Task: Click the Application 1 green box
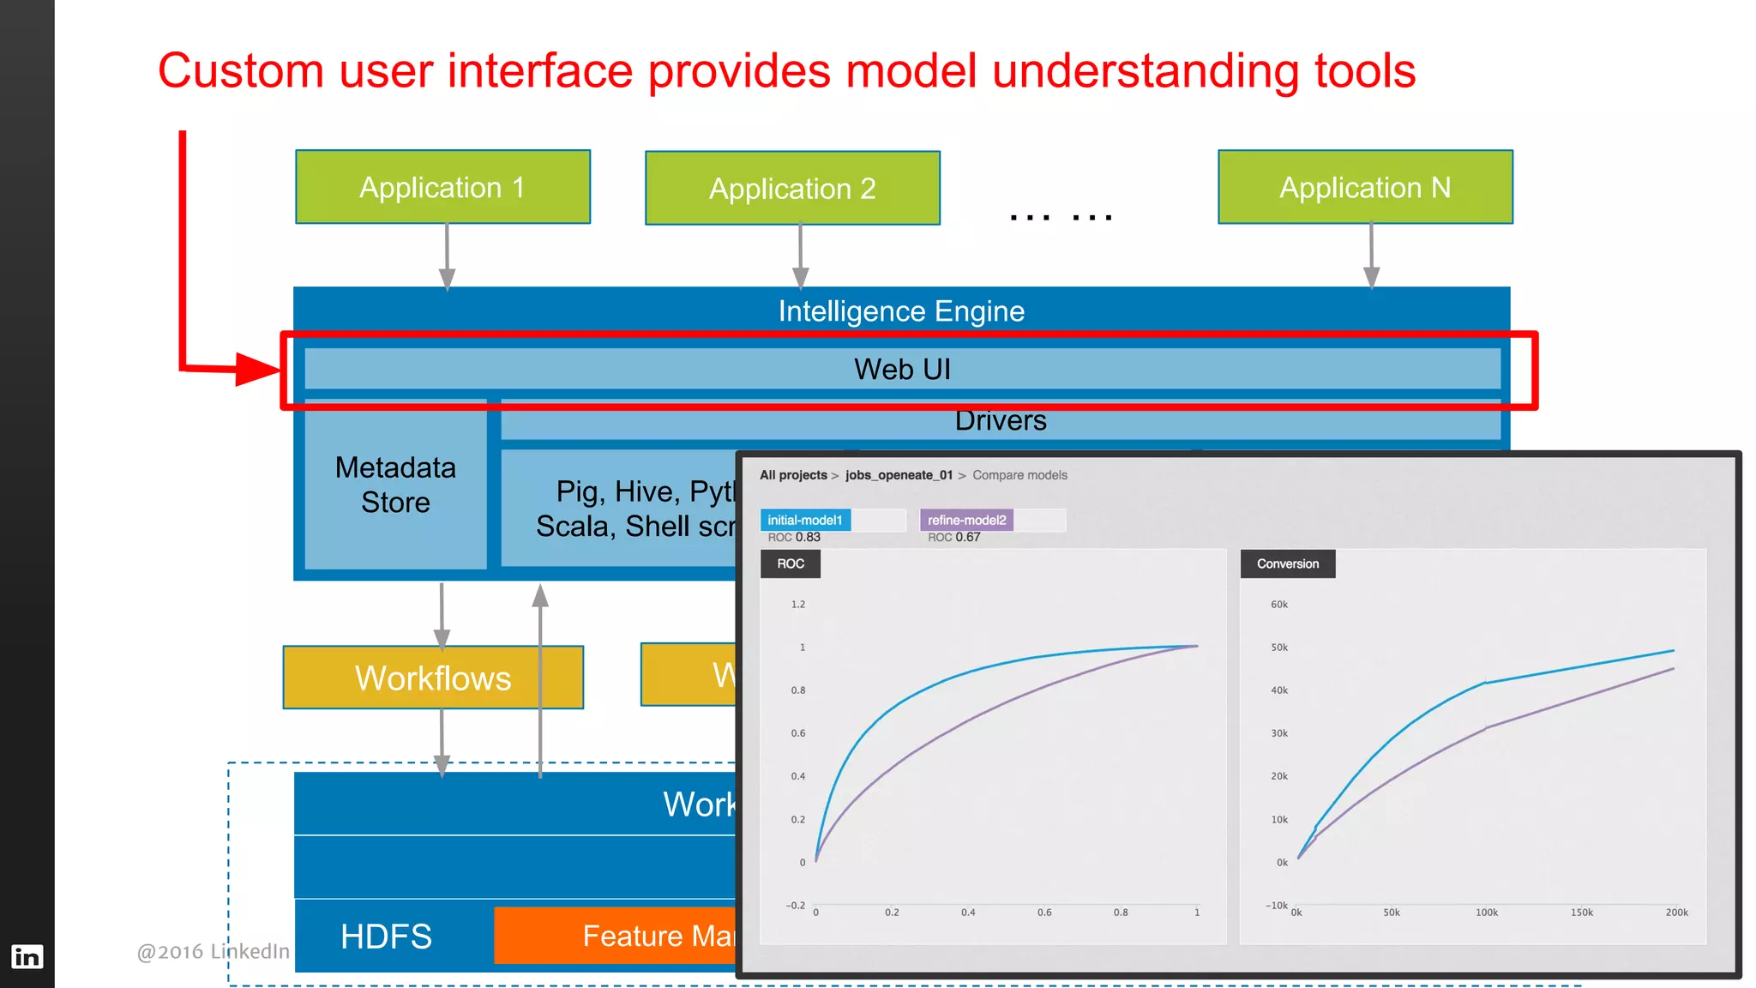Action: click(442, 187)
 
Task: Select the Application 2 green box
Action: click(792, 189)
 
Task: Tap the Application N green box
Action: click(1365, 187)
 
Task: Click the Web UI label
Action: click(902, 370)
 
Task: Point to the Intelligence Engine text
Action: click(901, 311)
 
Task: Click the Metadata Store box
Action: click(395, 485)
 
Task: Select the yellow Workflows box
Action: click(433, 678)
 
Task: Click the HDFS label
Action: click(386, 937)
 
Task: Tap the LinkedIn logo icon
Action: click(27, 956)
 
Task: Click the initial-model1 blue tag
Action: click(805, 520)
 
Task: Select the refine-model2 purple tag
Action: click(966, 520)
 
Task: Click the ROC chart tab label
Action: click(791, 563)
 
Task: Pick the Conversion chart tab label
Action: click(1287, 563)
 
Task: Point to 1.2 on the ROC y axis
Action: click(797, 605)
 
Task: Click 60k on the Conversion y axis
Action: click(1278, 605)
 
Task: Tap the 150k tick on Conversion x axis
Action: click(1581, 913)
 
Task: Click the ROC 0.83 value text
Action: click(794, 538)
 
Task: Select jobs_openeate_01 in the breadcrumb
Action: click(899, 475)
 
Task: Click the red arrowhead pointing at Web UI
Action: click(256, 370)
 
